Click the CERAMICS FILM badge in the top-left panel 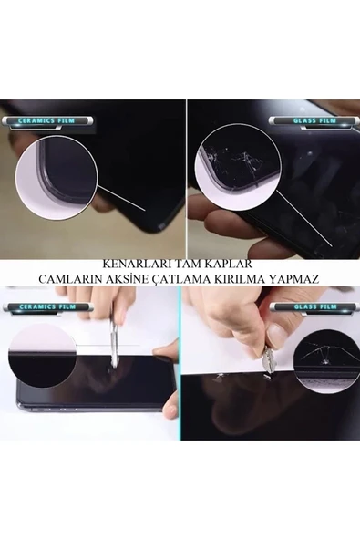point(39,119)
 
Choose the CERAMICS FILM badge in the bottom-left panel point(39,307)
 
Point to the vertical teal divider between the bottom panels point(180,365)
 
